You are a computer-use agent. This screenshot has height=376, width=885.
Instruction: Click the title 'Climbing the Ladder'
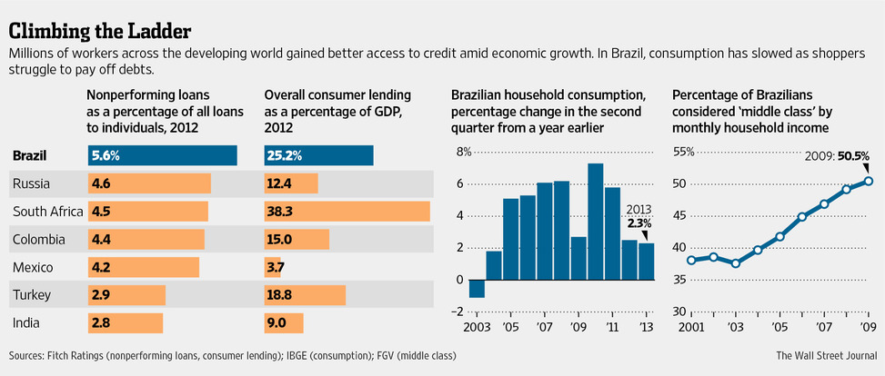100,30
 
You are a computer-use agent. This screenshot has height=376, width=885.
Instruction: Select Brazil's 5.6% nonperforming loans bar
162,155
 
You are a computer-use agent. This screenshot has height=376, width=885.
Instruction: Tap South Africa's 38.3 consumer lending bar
347,212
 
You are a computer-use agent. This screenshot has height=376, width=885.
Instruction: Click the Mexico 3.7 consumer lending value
275,267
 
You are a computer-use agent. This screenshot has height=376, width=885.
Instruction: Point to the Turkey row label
31,295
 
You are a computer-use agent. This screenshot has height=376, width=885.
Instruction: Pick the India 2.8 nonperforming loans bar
126,322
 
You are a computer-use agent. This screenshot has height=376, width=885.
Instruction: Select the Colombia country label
39,240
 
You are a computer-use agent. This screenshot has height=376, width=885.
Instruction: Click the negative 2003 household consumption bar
477,288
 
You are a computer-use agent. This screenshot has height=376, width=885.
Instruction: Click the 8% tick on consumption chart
464,152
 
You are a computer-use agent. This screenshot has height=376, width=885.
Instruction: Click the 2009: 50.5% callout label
829,155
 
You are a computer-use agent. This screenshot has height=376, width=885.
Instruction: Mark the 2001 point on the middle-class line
692,260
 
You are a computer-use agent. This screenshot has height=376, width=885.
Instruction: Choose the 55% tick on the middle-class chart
682,152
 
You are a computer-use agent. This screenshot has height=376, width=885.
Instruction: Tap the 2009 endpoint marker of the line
868,180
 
